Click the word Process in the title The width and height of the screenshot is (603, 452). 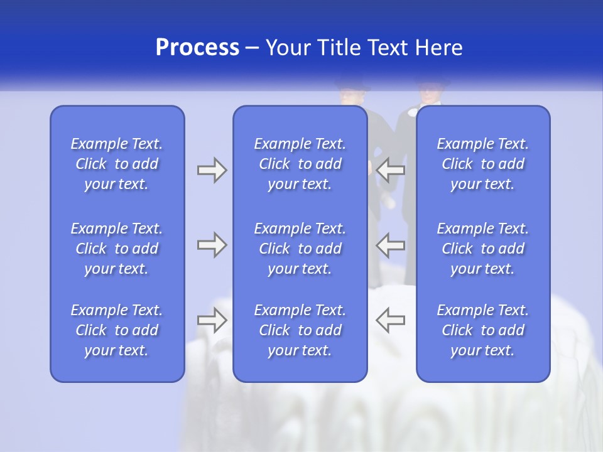point(197,48)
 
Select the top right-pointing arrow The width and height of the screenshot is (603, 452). point(212,169)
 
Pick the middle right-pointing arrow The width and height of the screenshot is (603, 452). point(212,245)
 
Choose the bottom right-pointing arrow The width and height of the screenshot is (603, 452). point(212,320)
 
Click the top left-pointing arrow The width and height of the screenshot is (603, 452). point(391,169)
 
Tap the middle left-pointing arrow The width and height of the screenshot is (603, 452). point(391,245)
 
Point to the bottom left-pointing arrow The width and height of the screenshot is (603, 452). point(391,320)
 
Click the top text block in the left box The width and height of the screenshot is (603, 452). point(117,164)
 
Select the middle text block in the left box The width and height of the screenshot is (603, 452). point(117,249)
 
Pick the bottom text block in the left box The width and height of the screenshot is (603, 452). point(117,330)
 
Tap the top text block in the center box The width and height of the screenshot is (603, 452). point(300,164)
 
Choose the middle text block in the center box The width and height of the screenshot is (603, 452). point(300,249)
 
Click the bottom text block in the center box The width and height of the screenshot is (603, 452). point(300,330)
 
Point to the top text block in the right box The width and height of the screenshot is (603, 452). point(483,164)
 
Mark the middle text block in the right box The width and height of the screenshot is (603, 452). point(483,249)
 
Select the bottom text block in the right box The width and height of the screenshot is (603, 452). point(483,330)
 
